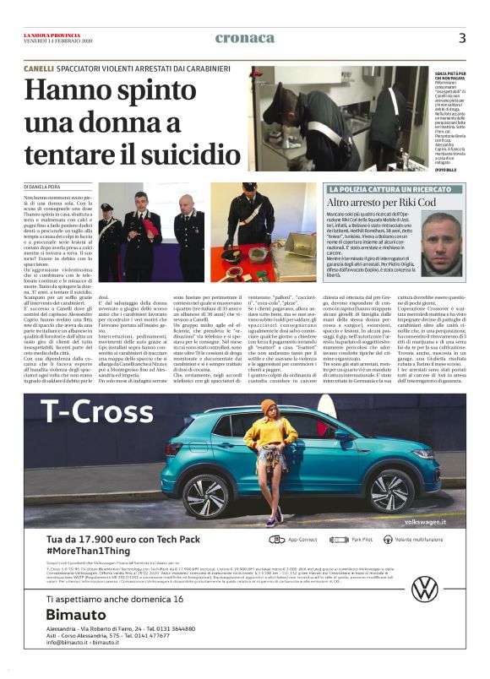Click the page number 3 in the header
[x=462, y=38]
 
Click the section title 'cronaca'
[x=245, y=38]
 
